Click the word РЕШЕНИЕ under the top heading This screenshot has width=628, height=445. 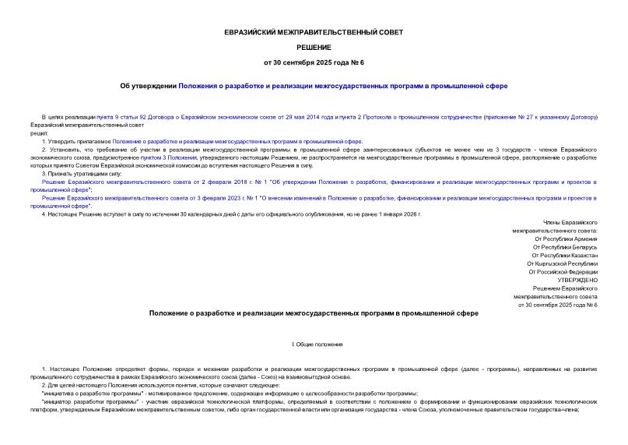(x=313, y=48)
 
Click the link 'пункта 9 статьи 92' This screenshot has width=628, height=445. (x=120, y=117)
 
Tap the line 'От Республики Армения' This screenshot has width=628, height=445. (x=566, y=238)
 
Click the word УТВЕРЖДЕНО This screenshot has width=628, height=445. (x=577, y=280)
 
